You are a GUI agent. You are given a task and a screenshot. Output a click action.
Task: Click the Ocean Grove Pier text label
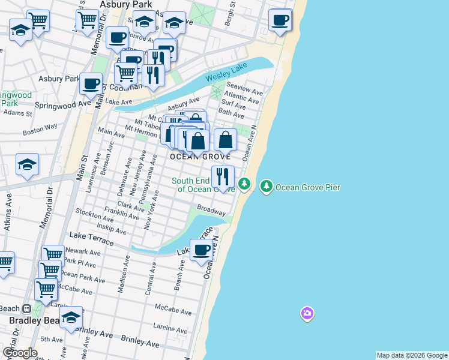click(x=308, y=188)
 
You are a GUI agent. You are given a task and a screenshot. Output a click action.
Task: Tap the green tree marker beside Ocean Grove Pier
click(x=266, y=187)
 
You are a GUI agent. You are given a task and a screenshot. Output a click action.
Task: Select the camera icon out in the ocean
click(x=307, y=313)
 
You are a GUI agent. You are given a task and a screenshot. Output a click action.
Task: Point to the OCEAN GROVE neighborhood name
click(x=200, y=157)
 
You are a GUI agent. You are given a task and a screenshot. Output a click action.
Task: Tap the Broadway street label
click(x=211, y=211)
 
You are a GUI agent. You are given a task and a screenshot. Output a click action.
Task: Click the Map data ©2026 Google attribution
click(x=412, y=355)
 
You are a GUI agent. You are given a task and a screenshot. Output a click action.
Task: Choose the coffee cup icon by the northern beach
click(x=280, y=21)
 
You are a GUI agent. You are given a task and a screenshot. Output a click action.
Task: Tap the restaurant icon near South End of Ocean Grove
click(x=222, y=177)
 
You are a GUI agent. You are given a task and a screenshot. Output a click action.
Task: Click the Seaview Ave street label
click(x=247, y=92)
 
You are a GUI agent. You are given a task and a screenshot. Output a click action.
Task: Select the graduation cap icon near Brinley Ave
click(x=71, y=317)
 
